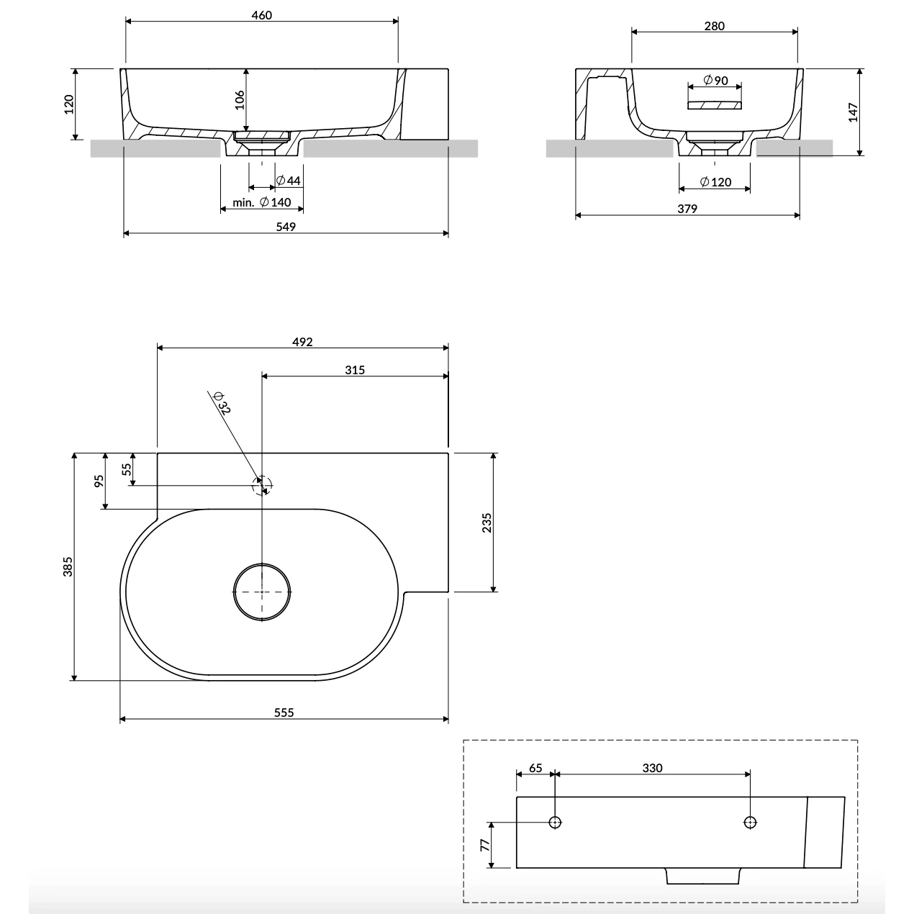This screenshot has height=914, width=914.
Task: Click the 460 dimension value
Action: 261,15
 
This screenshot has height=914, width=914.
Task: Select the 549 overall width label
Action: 286,227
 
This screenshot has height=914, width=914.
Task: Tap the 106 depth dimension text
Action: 240,99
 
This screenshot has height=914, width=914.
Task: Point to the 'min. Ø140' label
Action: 261,202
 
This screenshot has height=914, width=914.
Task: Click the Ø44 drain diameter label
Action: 288,180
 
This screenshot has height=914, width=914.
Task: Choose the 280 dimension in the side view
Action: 714,26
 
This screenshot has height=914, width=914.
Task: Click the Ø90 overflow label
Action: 715,80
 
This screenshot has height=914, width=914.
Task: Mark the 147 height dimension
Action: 853,112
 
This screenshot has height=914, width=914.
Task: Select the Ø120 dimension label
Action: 715,181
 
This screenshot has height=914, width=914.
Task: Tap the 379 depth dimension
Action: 687,209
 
